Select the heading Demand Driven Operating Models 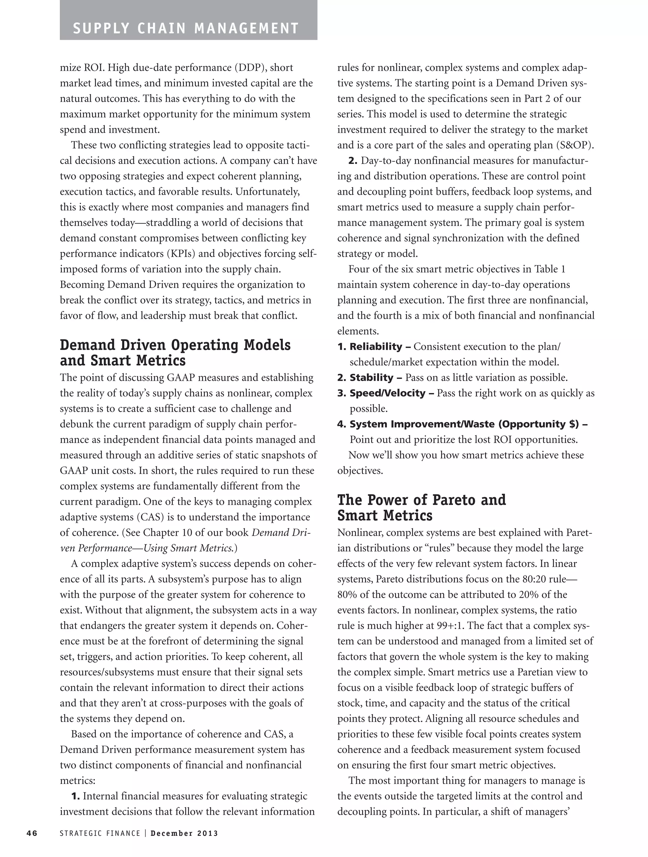(175, 345)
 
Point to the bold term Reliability (376, 347)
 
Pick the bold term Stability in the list (371, 378)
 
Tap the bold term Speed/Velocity (387, 393)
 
